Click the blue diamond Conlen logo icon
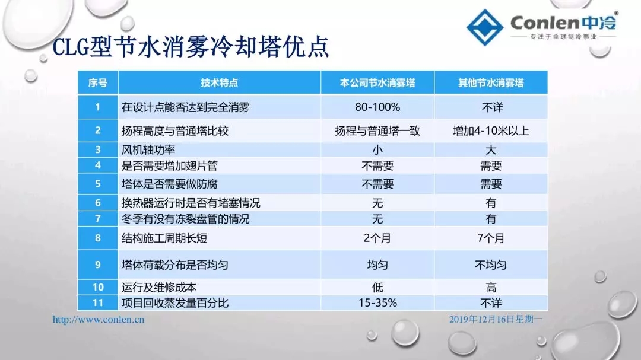point(485,27)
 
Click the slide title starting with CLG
point(191,47)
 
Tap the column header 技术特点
point(219,83)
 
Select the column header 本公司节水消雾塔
point(377,83)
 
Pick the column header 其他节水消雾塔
point(491,83)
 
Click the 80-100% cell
point(377,107)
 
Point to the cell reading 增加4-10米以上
point(491,130)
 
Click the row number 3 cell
point(98,149)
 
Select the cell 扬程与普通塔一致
point(377,130)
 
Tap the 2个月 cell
point(377,238)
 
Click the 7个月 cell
point(491,238)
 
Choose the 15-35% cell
point(377,303)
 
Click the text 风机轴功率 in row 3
point(148,150)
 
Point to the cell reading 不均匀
point(491,265)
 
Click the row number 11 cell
point(98,303)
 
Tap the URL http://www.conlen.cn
point(99,320)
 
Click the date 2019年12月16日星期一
point(496,319)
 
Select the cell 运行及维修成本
point(159,287)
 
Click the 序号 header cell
point(98,83)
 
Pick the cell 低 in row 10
point(377,287)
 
